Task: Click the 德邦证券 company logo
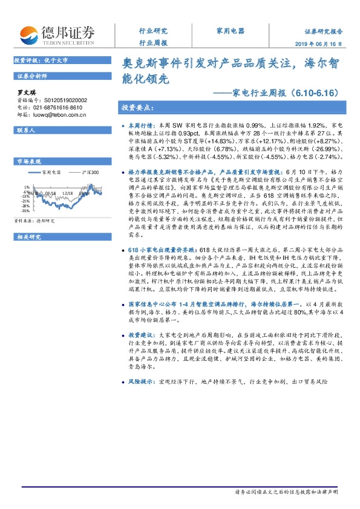click(57, 34)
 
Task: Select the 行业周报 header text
click(153, 43)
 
